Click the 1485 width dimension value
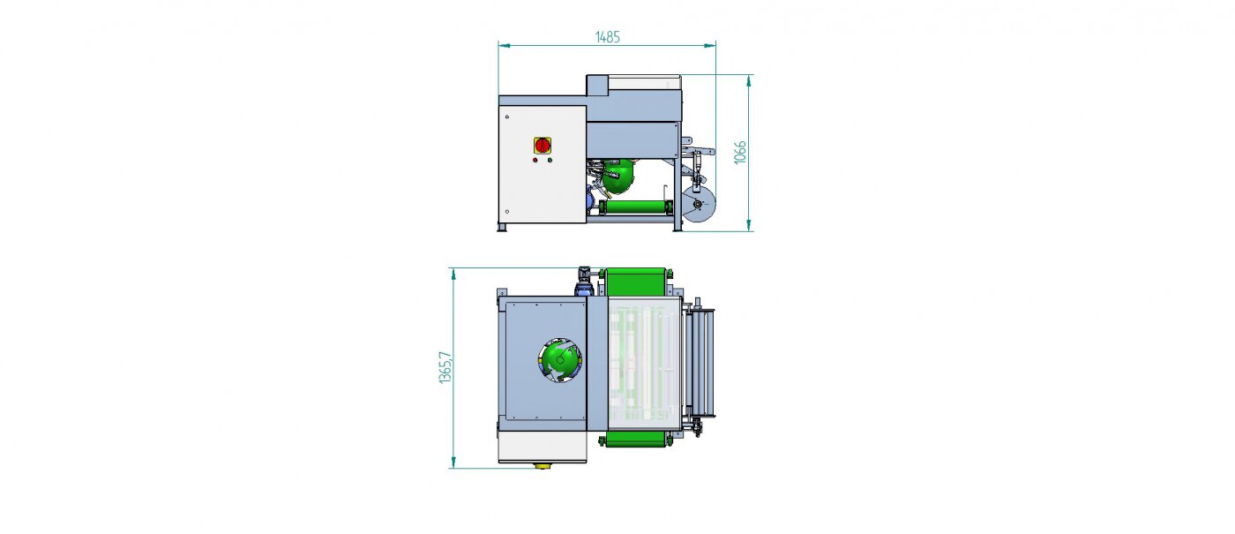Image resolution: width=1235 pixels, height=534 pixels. pos(607,37)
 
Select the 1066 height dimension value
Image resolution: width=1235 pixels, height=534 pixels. pos(740,152)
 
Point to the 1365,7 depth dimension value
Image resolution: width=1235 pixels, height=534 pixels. pos(445,367)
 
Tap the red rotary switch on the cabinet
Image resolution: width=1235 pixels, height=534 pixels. pos(543,145)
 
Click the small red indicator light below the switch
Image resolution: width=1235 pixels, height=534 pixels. pos(535,160)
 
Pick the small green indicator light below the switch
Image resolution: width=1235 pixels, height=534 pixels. pos(550,160)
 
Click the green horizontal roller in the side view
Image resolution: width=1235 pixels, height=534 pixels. pos(636,207)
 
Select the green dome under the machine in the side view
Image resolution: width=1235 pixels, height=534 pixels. pos(618,176)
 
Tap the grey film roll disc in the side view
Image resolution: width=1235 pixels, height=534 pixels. pos(699,205)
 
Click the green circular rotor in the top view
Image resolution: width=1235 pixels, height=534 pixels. pos(559,361)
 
